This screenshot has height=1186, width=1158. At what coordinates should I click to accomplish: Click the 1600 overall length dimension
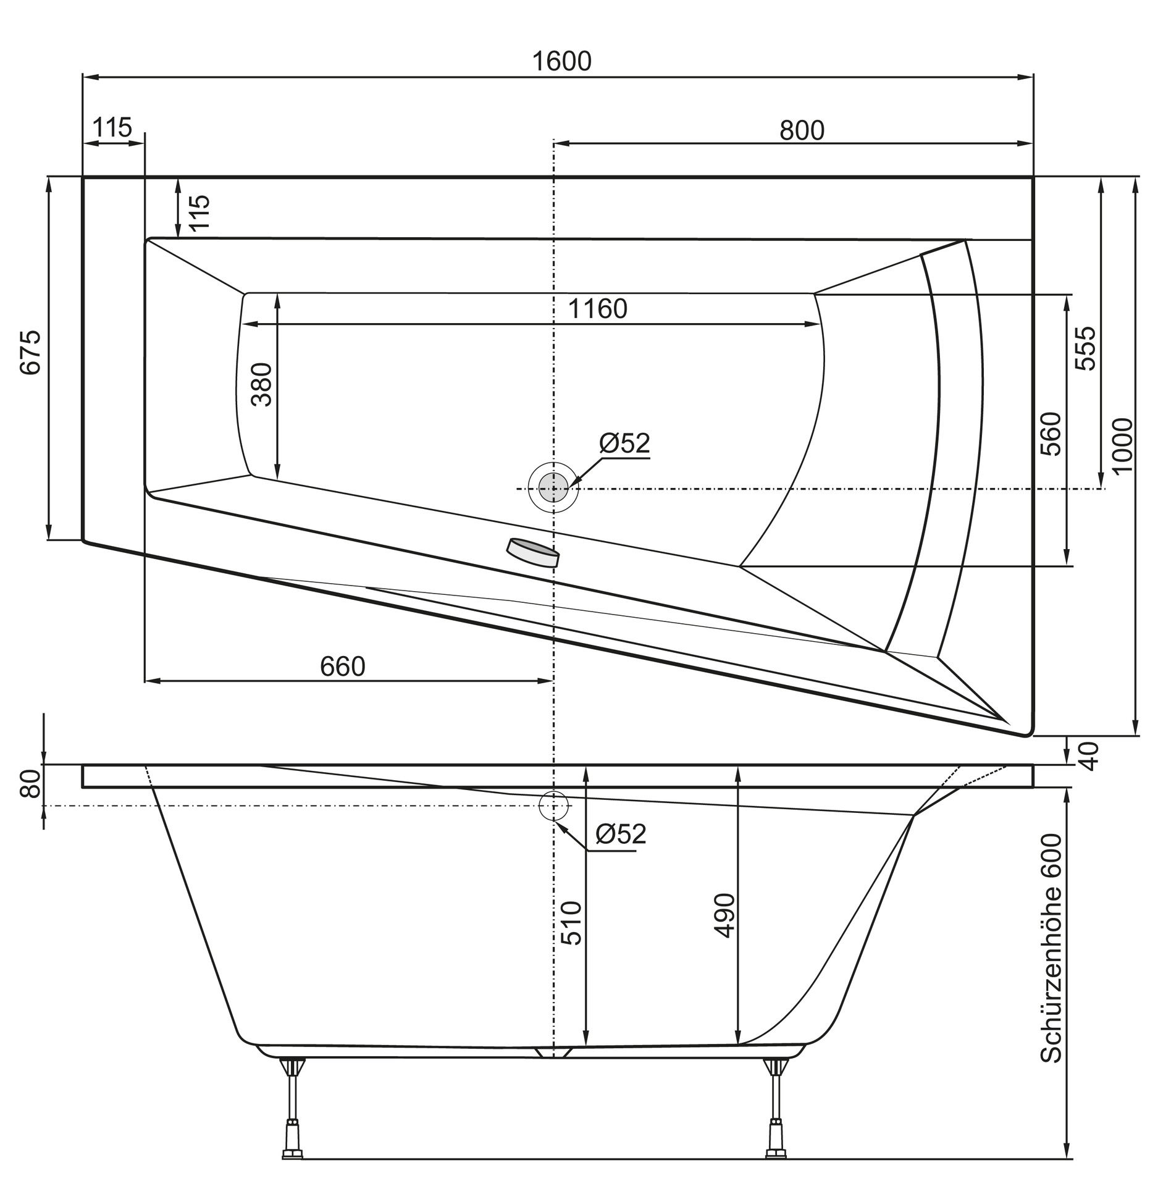[x=561, y=61]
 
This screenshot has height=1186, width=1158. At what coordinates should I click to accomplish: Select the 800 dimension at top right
[x=801, y=130]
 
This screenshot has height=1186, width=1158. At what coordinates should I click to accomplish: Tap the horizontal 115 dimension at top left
[x=112, y=128]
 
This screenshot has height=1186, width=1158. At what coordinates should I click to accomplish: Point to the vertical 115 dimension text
[x=199, y=212]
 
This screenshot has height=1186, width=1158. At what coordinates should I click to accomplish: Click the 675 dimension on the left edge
[x=31, y=352]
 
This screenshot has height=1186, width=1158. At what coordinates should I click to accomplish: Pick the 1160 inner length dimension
[x=597, y=308]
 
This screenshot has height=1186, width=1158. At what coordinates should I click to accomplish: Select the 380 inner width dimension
[x=262, y=384]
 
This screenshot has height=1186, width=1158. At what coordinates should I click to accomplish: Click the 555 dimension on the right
[x=1085, y=348]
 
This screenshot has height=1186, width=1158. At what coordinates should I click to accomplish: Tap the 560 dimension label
[x=1051, y=434]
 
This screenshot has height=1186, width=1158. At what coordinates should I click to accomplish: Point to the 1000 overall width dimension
[x=1123, y=445]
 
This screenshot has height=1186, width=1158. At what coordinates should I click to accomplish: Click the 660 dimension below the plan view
[x=342, y=667]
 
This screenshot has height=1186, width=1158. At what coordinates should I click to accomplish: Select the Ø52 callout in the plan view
[x=624, y=443]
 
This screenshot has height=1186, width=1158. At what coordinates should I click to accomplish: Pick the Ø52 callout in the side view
[x=620, y=834]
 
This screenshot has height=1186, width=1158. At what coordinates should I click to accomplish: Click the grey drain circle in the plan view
[x=553, y=488]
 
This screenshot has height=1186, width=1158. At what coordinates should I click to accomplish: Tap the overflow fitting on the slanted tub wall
[x=532, y=552]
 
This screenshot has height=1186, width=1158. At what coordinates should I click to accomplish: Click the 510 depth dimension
[x=572, y=923]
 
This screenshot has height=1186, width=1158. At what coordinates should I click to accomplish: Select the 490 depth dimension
[x=724, y=915]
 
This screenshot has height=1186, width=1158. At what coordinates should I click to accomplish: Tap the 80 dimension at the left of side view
[x=31, y=783]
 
